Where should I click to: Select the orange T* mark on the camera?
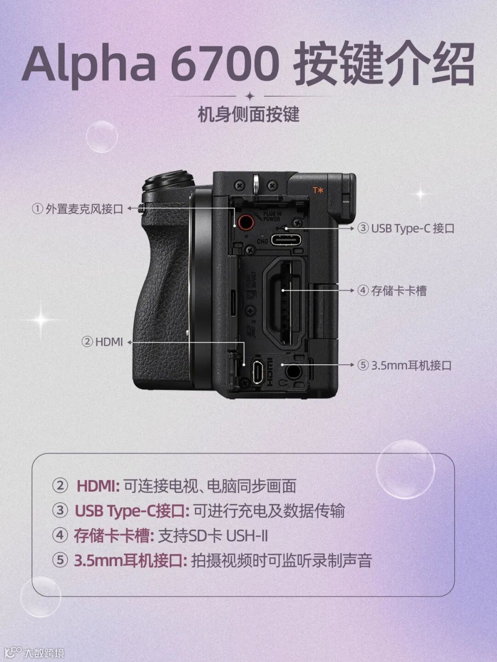coord(318,190)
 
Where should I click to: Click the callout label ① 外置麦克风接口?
coord(77,209)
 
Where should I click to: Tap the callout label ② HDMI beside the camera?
coord(102,342)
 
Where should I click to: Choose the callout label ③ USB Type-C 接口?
coord(406,228)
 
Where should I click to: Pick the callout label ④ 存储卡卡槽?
coord(392,291)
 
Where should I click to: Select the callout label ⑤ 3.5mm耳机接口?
coord(405,365)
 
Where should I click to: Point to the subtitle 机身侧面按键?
coord(248,115)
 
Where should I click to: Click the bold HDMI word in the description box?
coord(98,486)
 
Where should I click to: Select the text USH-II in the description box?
coord(247,536)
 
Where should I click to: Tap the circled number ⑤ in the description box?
coord(60,561)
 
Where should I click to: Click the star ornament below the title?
coord(249,96)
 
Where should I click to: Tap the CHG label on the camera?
coord(262,241)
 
